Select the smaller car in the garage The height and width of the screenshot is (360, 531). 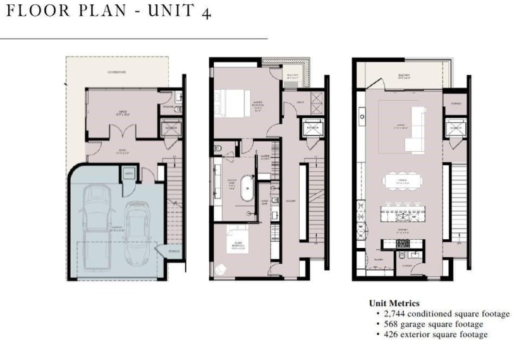tap(136, 233)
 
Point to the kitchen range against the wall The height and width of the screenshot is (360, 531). tap(401, 243)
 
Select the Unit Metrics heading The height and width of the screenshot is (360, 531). tap(394, 304)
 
